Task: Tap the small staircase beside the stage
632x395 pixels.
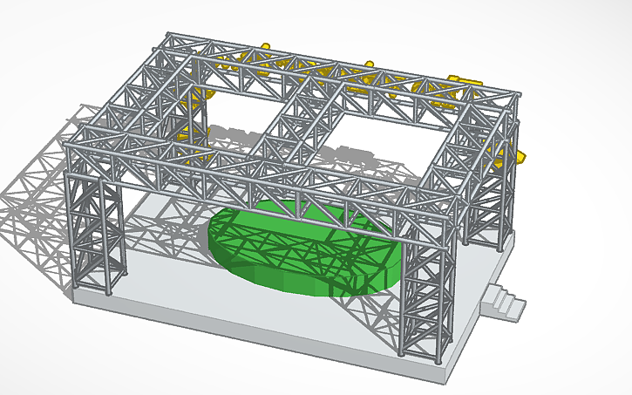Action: tap(503, 303)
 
